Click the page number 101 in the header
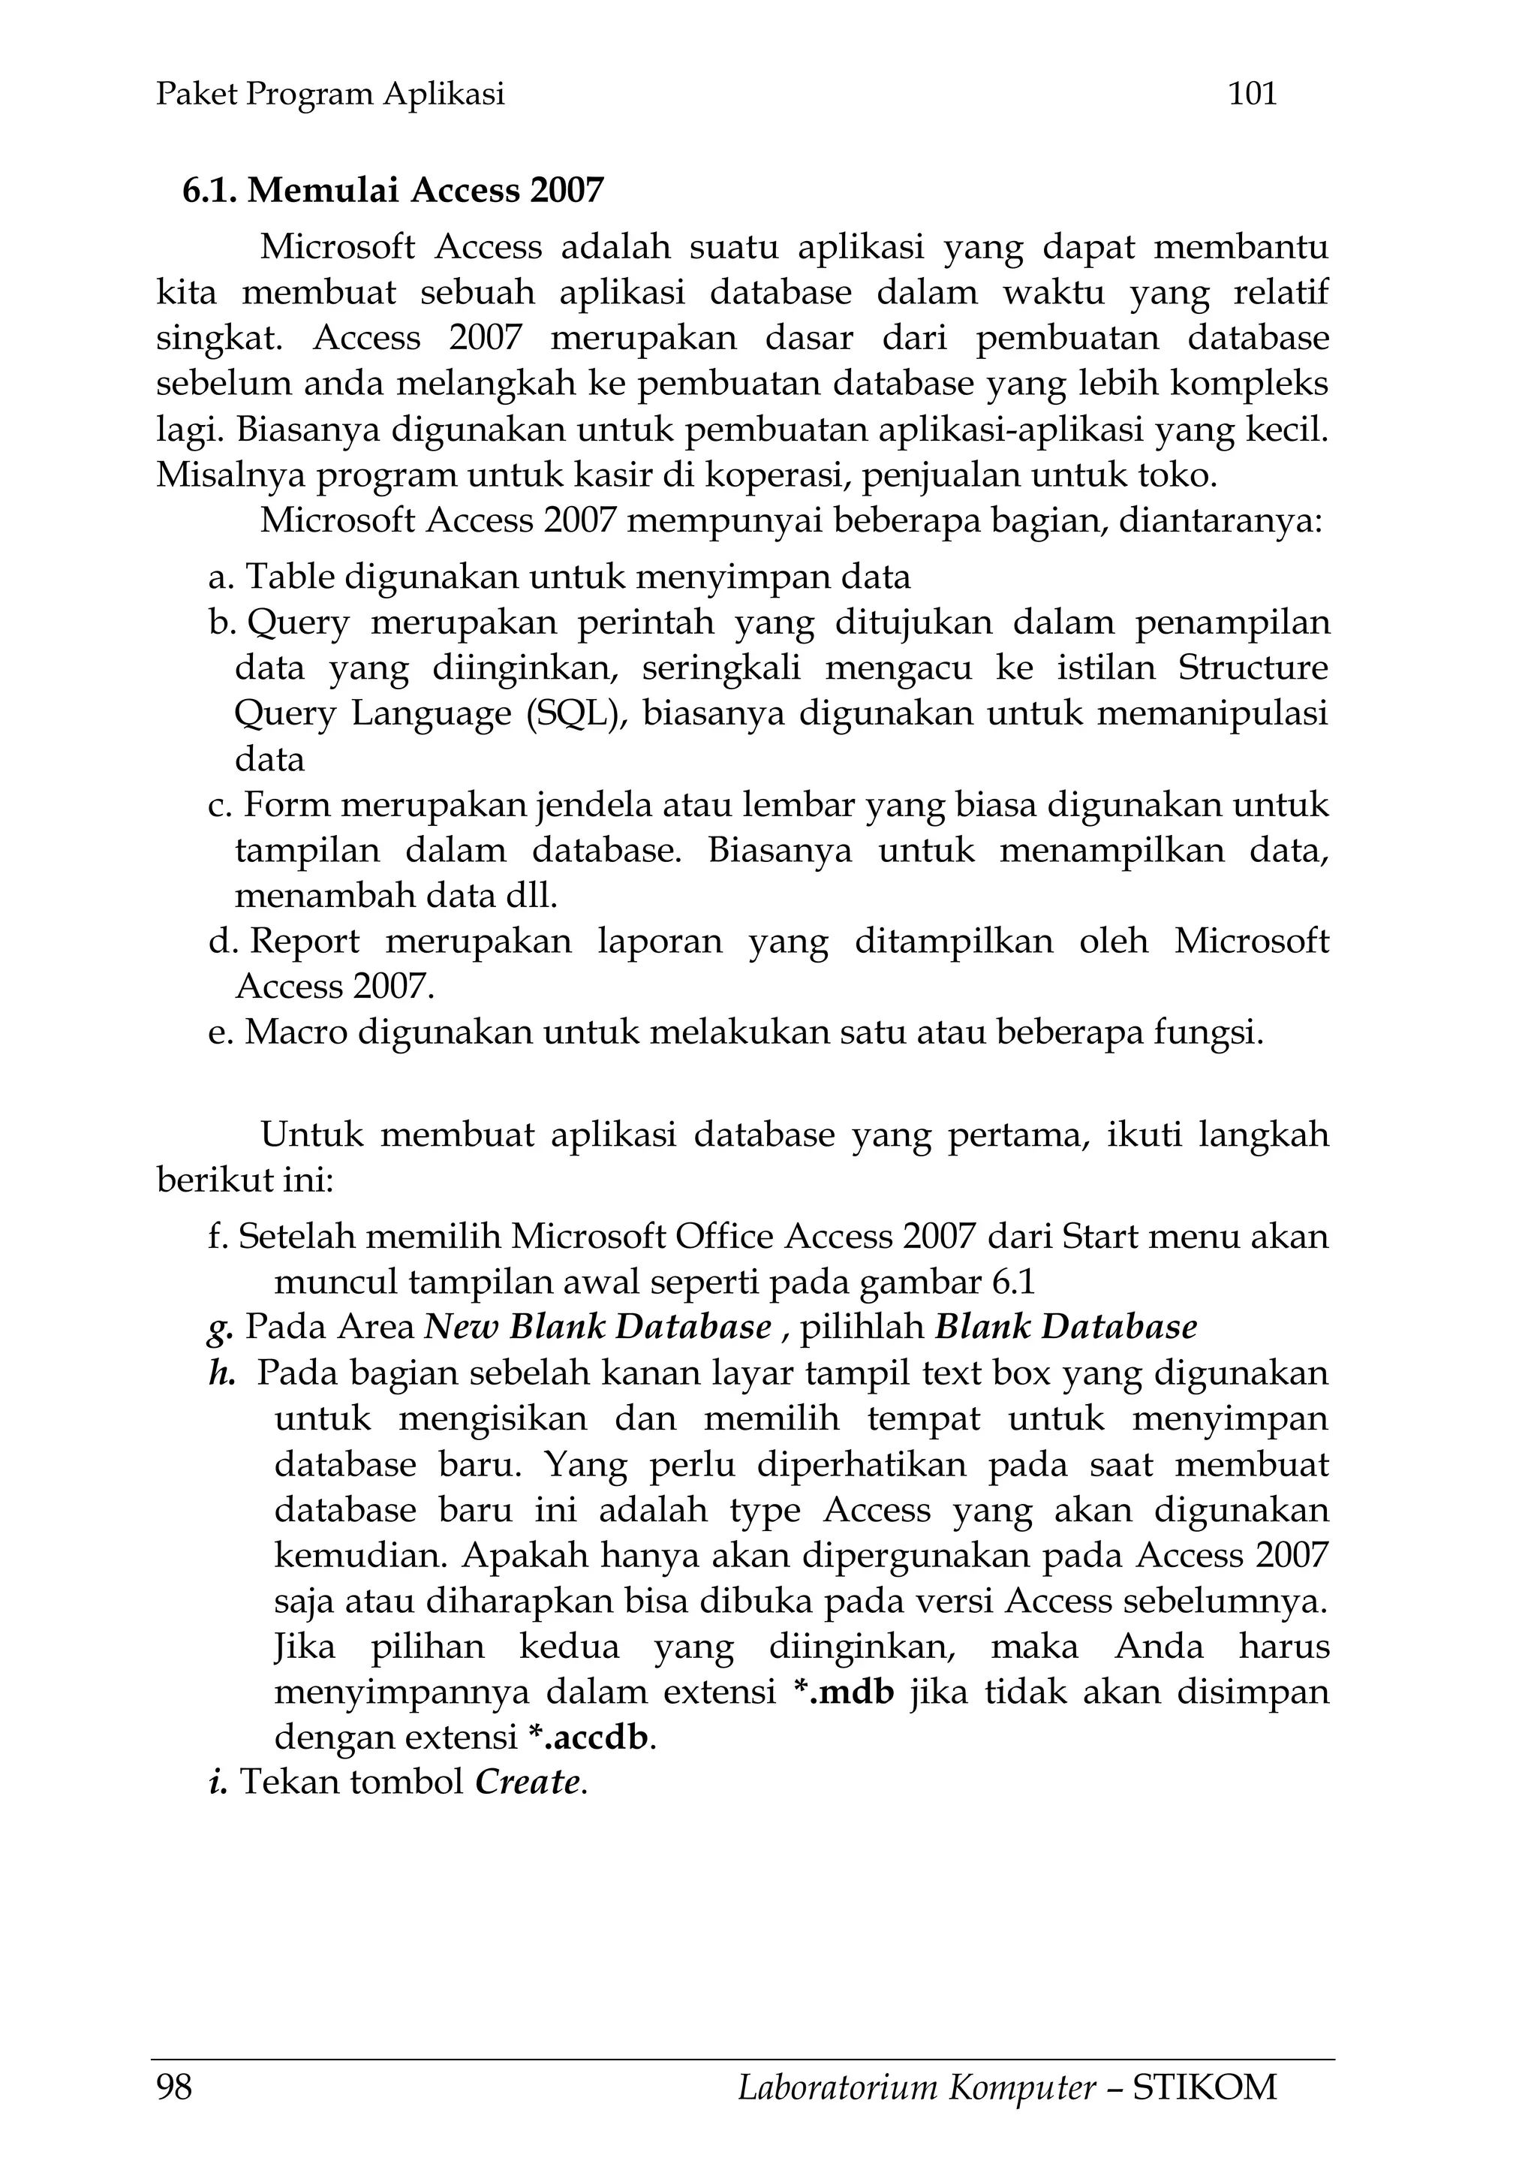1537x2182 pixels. point(1252,93)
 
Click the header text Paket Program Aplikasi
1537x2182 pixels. point(329,93)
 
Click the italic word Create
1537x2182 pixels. point(526,1782)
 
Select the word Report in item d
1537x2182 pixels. point(304,941)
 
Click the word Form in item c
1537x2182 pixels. point(288,805)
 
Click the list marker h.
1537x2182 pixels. point(221,1373)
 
